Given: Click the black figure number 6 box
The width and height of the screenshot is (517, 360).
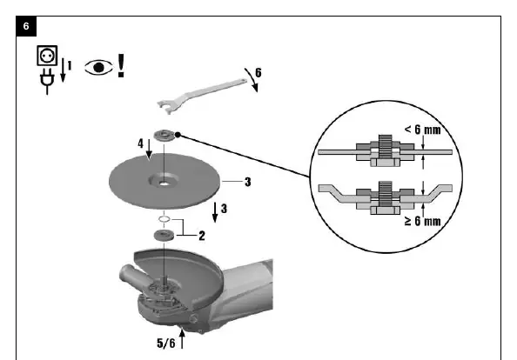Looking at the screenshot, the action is (26, 26).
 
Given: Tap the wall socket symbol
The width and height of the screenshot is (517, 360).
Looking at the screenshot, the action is (47, 56).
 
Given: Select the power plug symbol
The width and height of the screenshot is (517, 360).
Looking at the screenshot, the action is (47, 83).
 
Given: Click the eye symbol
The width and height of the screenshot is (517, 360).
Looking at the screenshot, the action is (99, 68).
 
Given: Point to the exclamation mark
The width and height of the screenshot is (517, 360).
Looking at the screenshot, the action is (121, 66).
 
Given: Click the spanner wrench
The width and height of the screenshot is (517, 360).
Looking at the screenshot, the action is (202, 96).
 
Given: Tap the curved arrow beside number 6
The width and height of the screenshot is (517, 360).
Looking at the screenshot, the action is (252, 80).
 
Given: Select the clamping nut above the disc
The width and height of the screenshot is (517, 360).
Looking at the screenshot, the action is (164, 136).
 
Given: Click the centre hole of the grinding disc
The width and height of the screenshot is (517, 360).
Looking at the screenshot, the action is (164, 183).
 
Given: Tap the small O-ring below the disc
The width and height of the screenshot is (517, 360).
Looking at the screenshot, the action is (164, 218).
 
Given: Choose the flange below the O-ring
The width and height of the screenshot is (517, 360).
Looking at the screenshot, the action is (164, 236).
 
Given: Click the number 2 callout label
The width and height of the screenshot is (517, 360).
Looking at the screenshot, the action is (202, 236).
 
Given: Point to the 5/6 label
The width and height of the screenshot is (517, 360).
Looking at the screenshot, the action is (166, 343).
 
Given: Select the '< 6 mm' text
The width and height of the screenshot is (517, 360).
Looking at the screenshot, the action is (422, 130).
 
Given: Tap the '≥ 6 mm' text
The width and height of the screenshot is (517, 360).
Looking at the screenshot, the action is (422, 221).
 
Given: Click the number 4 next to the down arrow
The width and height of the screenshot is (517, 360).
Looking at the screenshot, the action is (141, 143).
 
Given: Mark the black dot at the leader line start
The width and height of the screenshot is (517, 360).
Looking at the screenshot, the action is (178, 135).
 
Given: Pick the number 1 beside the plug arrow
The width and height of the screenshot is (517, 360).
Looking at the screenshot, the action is (70, 65).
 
